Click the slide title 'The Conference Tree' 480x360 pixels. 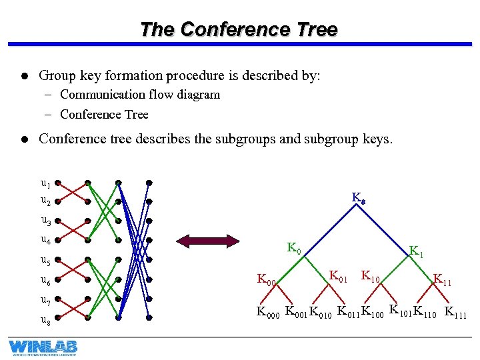(239, 30)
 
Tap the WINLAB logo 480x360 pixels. (43, 347)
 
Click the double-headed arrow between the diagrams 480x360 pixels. (206, 240)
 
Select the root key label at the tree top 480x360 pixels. (358, 198)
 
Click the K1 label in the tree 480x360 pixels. (416, 252)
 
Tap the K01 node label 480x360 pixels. (339, 275)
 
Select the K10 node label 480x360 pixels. (371, 275)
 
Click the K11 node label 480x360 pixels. (442, 280)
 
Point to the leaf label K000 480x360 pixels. (269, 312)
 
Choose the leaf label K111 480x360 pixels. (455, 312)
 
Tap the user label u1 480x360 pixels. (45, 183)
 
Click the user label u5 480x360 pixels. (45, 260)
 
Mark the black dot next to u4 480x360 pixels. (58, 240)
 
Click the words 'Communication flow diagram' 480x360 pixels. (139, 95)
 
